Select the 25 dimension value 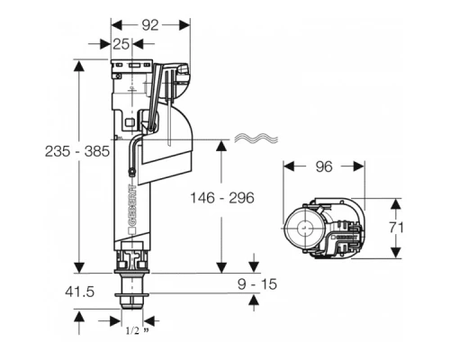pos(121,43)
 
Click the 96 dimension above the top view pos(322,166)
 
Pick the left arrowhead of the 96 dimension pos(287,166)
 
